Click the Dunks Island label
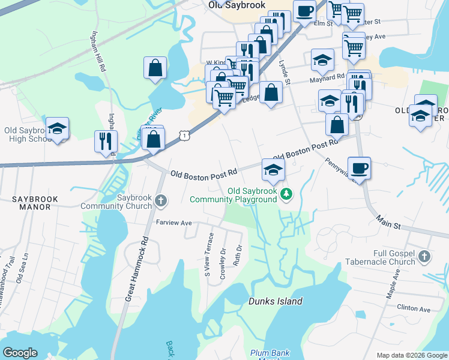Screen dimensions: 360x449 coord(276,301)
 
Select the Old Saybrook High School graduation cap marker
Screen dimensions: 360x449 coord(58,128)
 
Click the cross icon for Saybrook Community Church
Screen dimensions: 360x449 coord(160,200)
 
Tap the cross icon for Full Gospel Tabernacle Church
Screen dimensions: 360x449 coord(424,256)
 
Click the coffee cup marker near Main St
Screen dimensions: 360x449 coord(359,167)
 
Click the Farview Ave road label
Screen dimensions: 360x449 coord(173,223)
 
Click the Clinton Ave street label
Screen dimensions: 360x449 coord(414,309)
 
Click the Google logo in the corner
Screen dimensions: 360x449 coord(20,353)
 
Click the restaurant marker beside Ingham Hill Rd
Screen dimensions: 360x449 coord(106,141)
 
